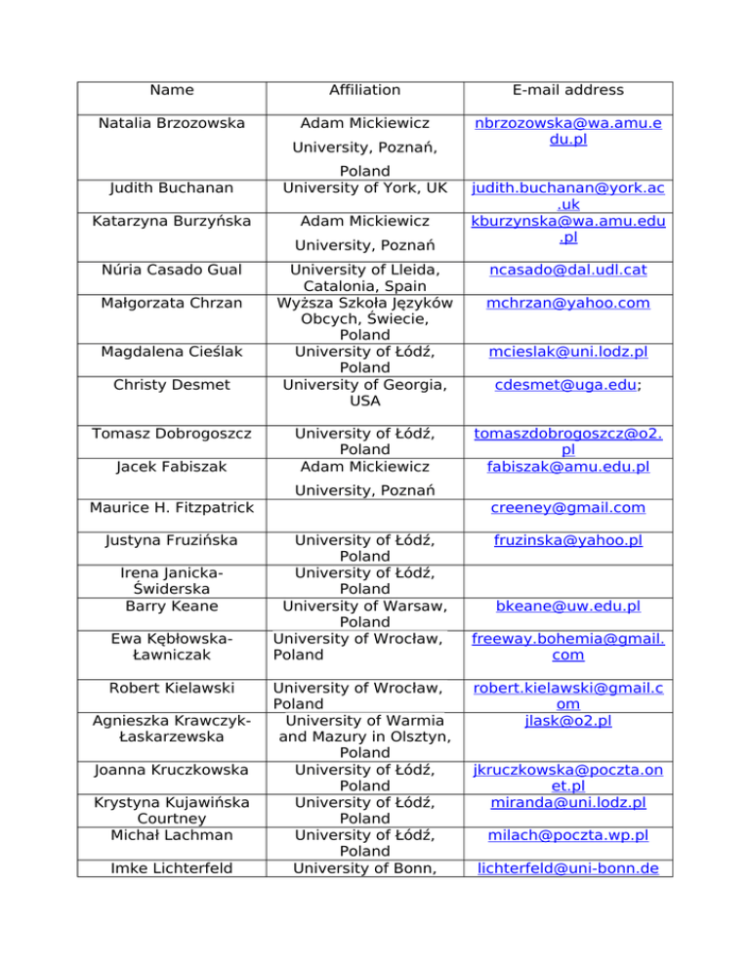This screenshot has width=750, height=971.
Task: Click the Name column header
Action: [172, 90]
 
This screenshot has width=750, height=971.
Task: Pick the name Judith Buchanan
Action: [172, 188]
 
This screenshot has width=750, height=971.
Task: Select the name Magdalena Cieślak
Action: [172, 351]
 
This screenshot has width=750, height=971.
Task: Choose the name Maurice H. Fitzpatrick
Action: [172, 507]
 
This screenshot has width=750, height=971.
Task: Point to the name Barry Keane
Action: [172, 606]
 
